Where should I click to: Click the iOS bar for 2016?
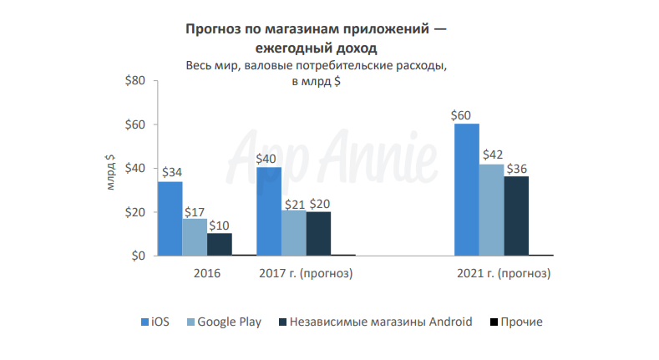170,218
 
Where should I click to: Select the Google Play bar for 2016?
195,236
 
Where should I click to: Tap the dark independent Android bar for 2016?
220,244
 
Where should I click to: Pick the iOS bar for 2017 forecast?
269,211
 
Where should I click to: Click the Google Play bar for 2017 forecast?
293,232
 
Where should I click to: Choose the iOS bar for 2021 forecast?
466,190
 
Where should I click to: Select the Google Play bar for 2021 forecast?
491,209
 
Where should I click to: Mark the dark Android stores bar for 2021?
516,215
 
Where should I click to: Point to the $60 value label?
462,115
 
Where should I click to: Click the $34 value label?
171,173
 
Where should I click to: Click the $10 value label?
221,225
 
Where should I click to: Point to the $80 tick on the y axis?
134,81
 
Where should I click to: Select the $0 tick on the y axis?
138,256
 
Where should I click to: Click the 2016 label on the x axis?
206,273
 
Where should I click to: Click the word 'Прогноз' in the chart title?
215,29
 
